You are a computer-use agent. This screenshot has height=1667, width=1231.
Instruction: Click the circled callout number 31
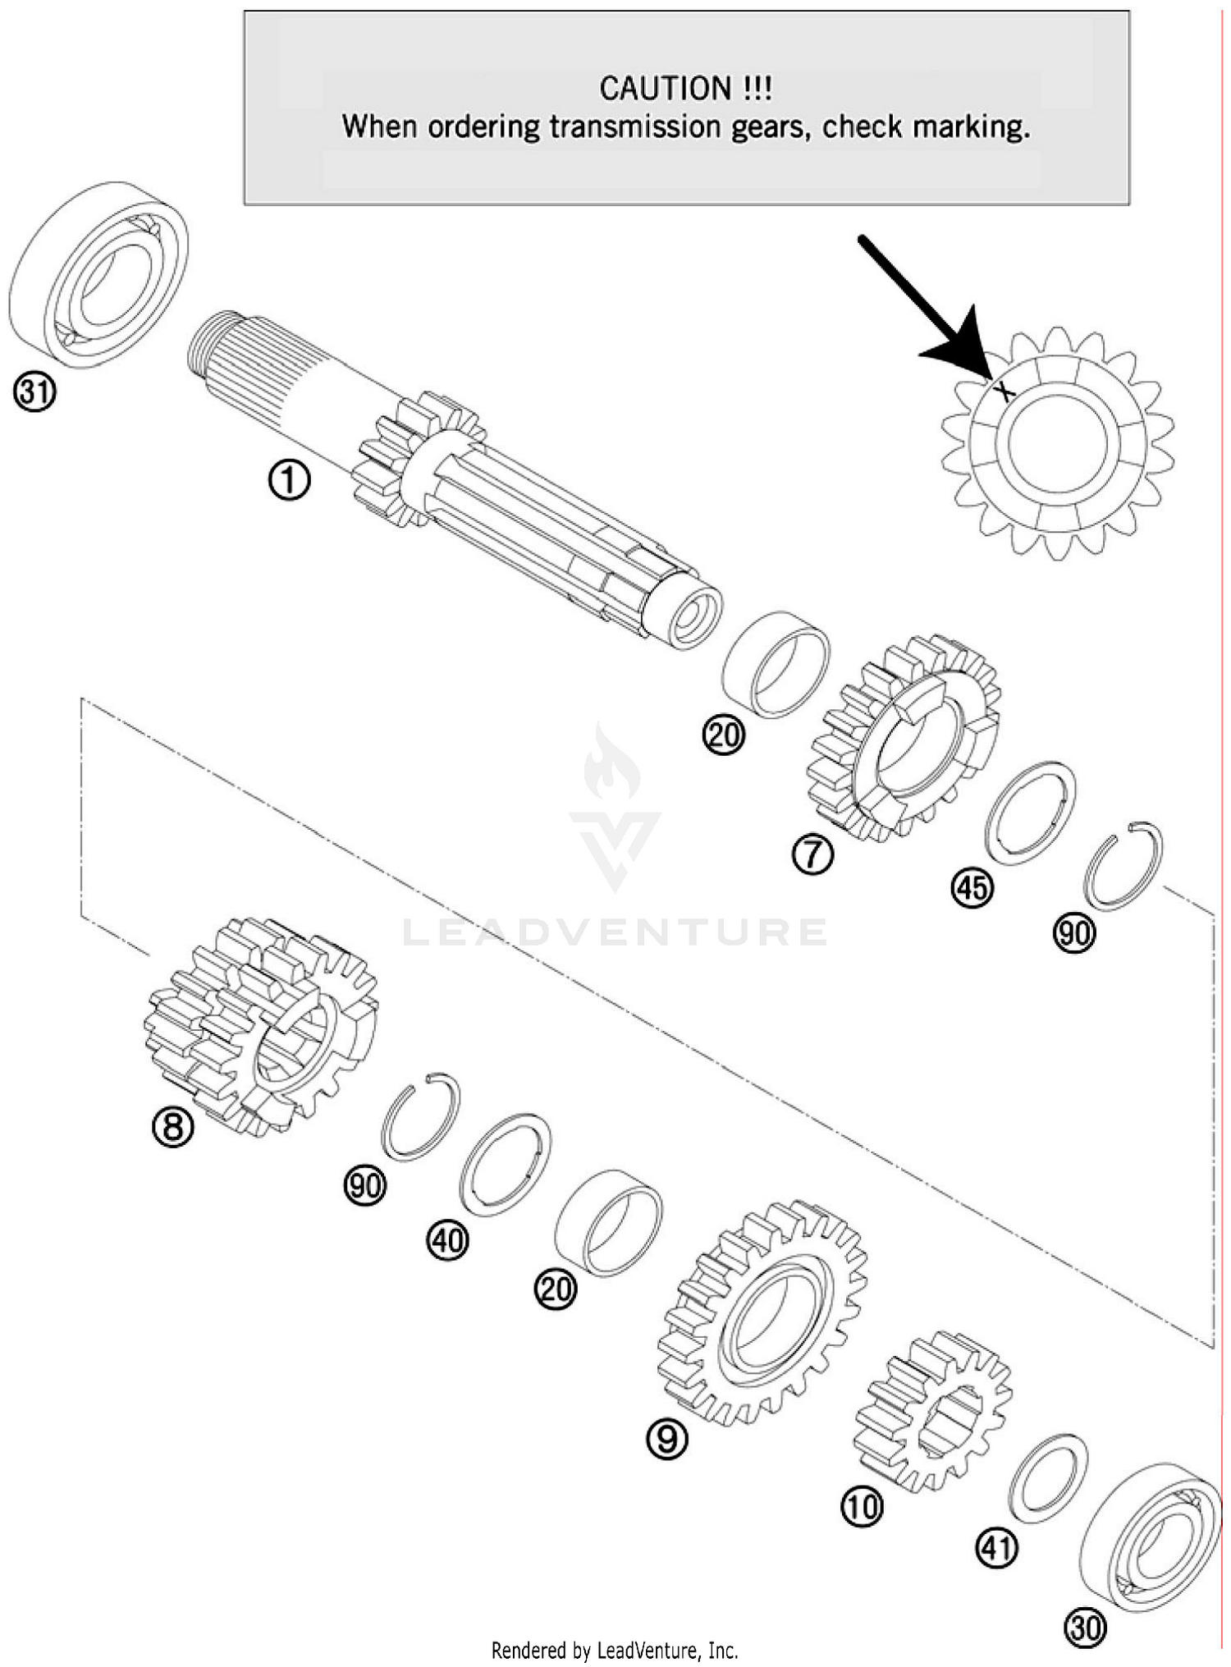[x=34, y=393]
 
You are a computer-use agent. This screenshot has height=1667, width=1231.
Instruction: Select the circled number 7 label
[x=812, y=854]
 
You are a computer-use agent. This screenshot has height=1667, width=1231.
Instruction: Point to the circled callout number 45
[x=972, y=888]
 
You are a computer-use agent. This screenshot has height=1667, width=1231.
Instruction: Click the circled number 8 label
[x=173, y=1127]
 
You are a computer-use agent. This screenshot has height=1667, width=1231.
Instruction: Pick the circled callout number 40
[x=447, y=1240]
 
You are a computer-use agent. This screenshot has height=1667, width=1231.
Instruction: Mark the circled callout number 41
[x=996, y=1549]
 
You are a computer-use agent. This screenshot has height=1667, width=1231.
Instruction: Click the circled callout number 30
[x=1085, y=1627]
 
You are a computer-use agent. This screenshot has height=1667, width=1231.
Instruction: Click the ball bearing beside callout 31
[x=98, y=275]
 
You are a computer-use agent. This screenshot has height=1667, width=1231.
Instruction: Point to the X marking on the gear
[x=1004, y=392]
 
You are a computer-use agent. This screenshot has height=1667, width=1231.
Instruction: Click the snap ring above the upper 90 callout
[x=1123, y=865]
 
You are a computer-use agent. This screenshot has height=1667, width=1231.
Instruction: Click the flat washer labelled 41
[x=1047, y=1472]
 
